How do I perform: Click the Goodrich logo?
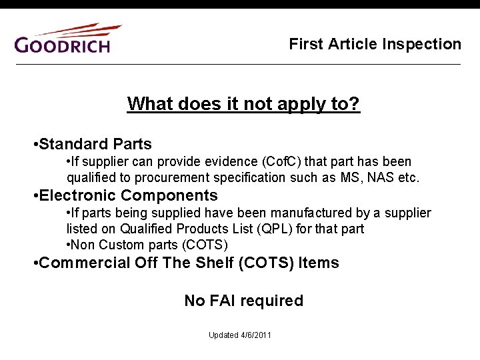(x=67, y=39)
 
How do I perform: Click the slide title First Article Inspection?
(x=375, y=44)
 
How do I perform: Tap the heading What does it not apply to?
(x=243, y=104)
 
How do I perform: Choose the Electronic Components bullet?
(x=128, y=195)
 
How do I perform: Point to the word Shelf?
(x=215, y=263)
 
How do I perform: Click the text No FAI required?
(x=243, y=301)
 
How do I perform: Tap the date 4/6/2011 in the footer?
(x=256, y=335)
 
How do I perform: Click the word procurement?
(x=173, y=178)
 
